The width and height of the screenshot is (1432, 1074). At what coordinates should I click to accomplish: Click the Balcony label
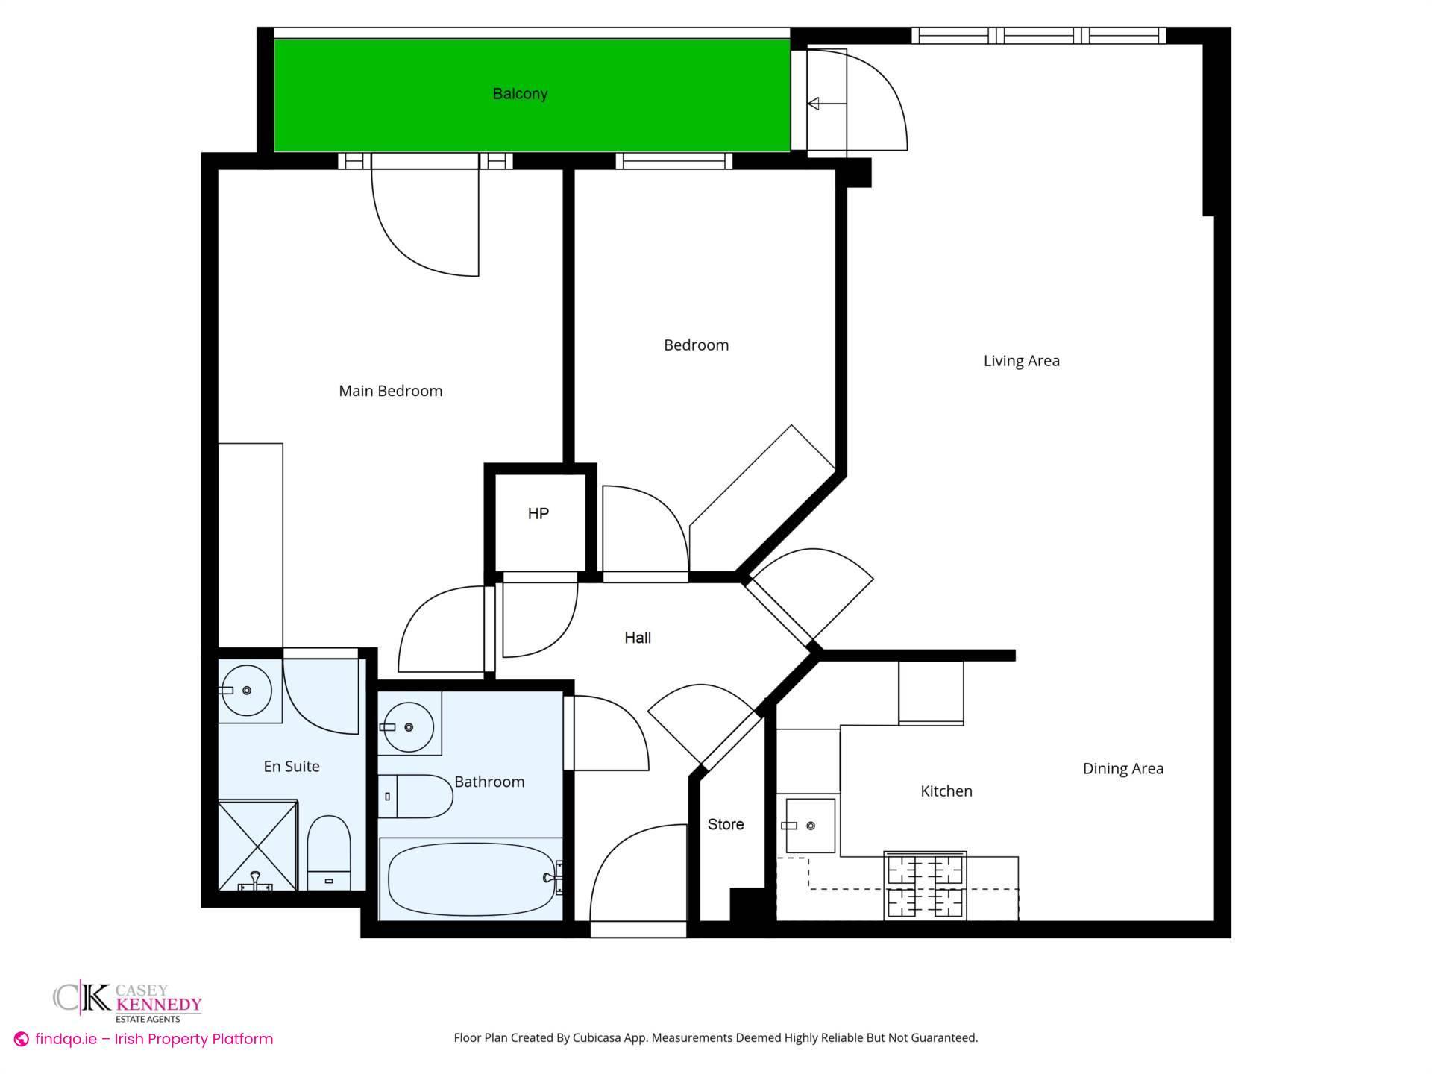pyautogui.click(x=520, y=94)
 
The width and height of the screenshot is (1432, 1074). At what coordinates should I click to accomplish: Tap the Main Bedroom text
pyautogui.click(x=390, y=391)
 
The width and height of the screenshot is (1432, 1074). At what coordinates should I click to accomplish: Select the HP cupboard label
pyautogui.click(x=538, y=514)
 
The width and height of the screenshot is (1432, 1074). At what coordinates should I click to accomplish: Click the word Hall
pyautogui.click(x=637, y=638)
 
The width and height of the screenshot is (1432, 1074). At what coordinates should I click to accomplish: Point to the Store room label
pyautogui.click(x=725, y=824)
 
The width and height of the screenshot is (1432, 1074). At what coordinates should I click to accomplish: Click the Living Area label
pyautogui.click(x=1021, y=361)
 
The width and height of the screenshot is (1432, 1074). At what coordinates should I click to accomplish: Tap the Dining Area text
pyautogui.click(x=1122, y=768)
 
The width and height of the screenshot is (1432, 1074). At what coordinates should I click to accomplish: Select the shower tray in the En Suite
pyautogui.click(x=257, y=846)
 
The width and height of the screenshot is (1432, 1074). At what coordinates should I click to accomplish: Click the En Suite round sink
pyautogui.click(x=247, y=691)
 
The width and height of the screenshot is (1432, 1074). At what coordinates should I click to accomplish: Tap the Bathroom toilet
pyautogui.click(x=418, y=797)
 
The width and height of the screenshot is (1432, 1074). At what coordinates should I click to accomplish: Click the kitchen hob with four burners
pyautogui.click(x=925, y=886)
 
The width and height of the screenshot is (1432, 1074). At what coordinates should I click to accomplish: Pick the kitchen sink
pyautogui.click(x=809, y=826)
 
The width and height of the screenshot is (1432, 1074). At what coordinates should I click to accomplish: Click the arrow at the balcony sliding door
pyautogui.click(x=814, y=104)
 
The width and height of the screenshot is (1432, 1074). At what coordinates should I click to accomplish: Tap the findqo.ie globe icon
pyautogui.click(x=22, y=1040)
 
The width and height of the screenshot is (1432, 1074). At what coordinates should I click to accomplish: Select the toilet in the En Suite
pyautogui.click(x=329, y=852)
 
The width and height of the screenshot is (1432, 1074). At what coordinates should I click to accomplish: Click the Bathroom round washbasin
pyautogui.click(x=408, y=726)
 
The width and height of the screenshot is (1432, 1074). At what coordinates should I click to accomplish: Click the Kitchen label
pyautogui.click(x=946, y=791)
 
